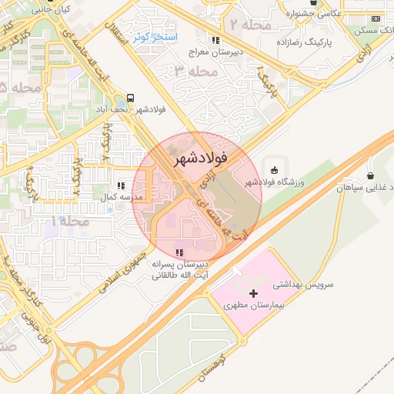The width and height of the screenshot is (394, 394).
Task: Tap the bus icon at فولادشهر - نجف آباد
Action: (130, 98)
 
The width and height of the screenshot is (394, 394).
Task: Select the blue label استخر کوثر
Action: (156, 36)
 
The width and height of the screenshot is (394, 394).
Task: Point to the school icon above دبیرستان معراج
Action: (215, 40)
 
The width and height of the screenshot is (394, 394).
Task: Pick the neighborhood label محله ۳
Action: (193, 72)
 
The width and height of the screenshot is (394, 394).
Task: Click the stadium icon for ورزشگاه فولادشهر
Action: (275, 169)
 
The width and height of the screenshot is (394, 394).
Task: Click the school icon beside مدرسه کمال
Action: (121, 185)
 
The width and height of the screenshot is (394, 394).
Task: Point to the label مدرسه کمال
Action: (123, 197)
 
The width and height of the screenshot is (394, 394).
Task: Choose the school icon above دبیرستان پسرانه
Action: (179, 252)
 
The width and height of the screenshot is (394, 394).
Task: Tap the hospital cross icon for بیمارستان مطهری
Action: (254, 293)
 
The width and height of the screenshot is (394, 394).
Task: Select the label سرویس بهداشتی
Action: (306, 284)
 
